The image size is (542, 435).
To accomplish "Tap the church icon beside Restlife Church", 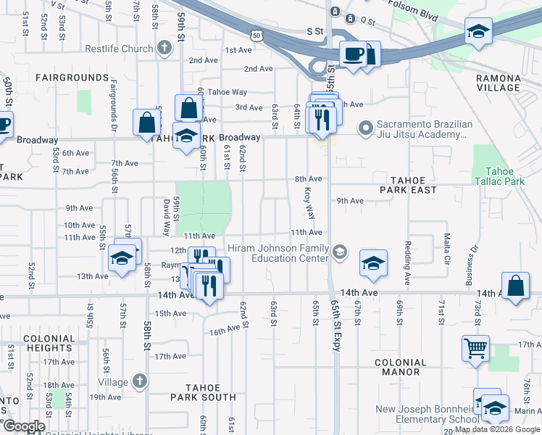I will tap(164, 49).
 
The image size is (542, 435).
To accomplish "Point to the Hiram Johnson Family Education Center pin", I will tap(339, 252).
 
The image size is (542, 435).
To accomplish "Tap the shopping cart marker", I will tap(475, 348).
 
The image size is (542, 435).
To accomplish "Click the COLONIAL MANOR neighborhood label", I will tap(401, 367).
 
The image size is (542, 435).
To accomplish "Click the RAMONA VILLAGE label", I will tap(498, 83).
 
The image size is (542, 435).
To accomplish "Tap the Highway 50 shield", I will tap(254, 34).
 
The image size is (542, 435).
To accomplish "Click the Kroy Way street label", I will tap(309, 204).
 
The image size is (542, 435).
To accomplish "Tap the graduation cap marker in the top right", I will tap(478, 32).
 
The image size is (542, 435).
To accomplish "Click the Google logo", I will tap(24, 426).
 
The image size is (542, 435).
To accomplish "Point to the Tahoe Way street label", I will tap(228, 92).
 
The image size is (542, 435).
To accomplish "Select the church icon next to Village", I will tap(140, 381).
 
